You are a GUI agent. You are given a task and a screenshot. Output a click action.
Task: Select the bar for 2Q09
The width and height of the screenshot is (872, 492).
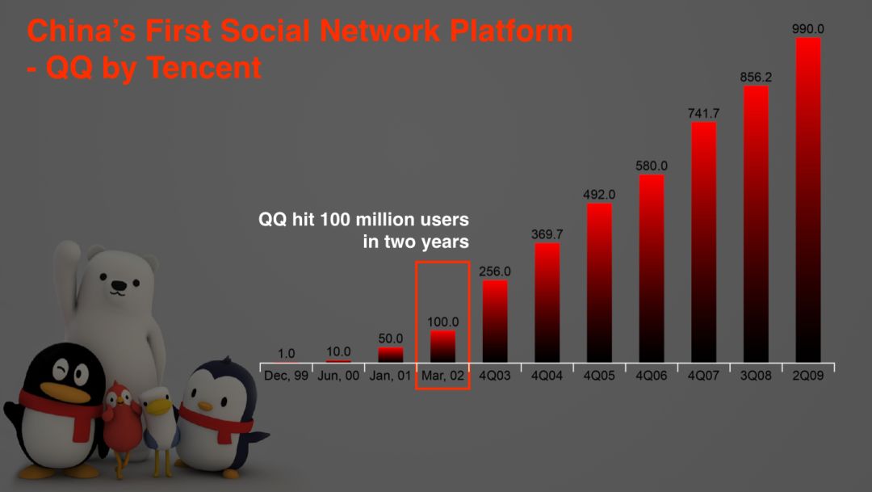click(x=808, y=200)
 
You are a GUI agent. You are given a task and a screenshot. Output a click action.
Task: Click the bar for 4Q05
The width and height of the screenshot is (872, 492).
click(x=599, y=284)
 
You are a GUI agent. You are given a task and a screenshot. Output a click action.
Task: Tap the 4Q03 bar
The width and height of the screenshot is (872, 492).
click(x=495, y=322)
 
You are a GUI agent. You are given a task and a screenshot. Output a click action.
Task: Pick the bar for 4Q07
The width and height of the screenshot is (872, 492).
click(x=703, y=242)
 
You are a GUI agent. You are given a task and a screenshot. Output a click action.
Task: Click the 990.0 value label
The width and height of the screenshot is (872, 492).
click(x=808, y=29)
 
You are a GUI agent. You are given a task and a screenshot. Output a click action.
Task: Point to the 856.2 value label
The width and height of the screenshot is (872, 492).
click(x=756, y=77)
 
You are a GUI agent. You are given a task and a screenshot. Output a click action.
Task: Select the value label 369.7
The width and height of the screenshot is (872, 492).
click(x=547, y=234)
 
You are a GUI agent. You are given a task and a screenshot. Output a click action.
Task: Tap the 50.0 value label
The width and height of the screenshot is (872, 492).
click(x=391, y=339)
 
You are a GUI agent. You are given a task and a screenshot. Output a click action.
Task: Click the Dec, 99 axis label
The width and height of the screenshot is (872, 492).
click(x=286, y=376)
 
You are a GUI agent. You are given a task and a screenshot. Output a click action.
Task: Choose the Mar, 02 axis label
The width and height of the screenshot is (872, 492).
click(x=442, y=376)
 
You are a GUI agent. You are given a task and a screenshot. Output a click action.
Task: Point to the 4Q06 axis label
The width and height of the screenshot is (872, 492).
click(x=652, y=376)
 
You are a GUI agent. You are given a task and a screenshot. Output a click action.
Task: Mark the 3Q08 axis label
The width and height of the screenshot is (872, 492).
click(x=756, y=376)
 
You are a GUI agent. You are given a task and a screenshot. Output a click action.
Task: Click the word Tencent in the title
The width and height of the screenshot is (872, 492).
click(x=204, y=68)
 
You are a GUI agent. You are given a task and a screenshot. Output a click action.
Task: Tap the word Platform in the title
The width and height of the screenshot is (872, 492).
click(x=511, y=31)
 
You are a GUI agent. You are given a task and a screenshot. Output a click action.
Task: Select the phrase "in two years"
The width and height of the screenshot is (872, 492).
click(x=416, y=242)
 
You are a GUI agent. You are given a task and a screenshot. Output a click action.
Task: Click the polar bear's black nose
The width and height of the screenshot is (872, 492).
click(x=119, y=285)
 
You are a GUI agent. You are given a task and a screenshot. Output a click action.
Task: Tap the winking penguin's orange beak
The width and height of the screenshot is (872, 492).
click(x=65, y=391)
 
